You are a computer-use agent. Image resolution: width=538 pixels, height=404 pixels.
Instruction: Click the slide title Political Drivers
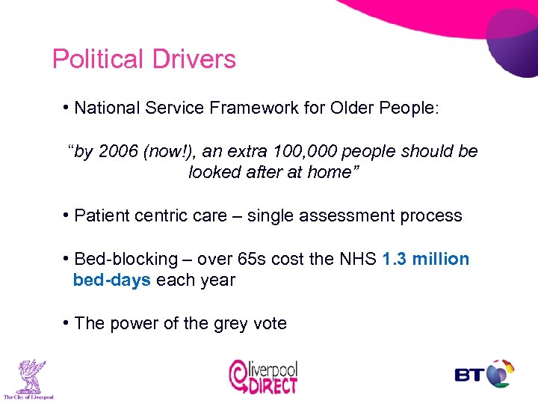point(143,59)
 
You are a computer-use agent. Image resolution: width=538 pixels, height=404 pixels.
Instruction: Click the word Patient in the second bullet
point(102,215)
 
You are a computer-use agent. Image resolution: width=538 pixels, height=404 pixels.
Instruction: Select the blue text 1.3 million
point(425,259)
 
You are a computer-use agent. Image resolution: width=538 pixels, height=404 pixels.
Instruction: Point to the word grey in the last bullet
point(210,323)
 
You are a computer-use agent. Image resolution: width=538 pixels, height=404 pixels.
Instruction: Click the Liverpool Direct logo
point(264,376)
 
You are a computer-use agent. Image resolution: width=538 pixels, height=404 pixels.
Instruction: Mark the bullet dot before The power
point(67,322)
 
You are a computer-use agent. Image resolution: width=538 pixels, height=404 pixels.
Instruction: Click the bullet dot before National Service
point(67,107)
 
